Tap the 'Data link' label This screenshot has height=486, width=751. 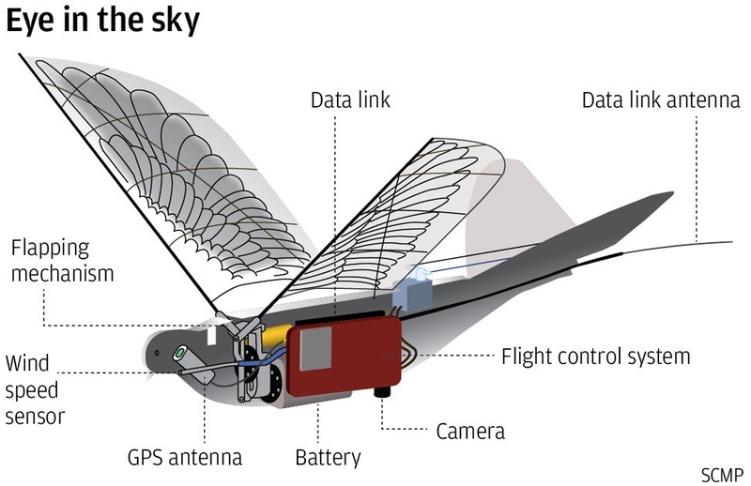tap(351, 99)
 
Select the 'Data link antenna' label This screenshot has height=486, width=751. tap(661, 99)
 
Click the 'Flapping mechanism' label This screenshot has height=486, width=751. tap(63, 262)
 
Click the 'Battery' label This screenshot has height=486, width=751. tap(328, 458)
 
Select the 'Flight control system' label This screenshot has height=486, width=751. tap(596, 356)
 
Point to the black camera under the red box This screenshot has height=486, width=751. tap(384, 389)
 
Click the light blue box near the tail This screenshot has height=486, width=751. tap(413, 290)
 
